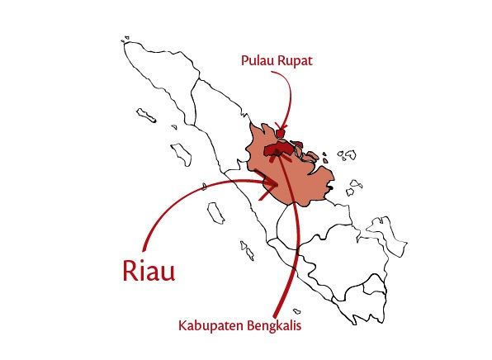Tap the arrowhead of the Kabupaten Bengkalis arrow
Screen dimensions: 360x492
(x=281, y=154)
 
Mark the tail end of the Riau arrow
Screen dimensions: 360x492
(x=145, y=249)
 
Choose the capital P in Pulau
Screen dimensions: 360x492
(x=244, y=61)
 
